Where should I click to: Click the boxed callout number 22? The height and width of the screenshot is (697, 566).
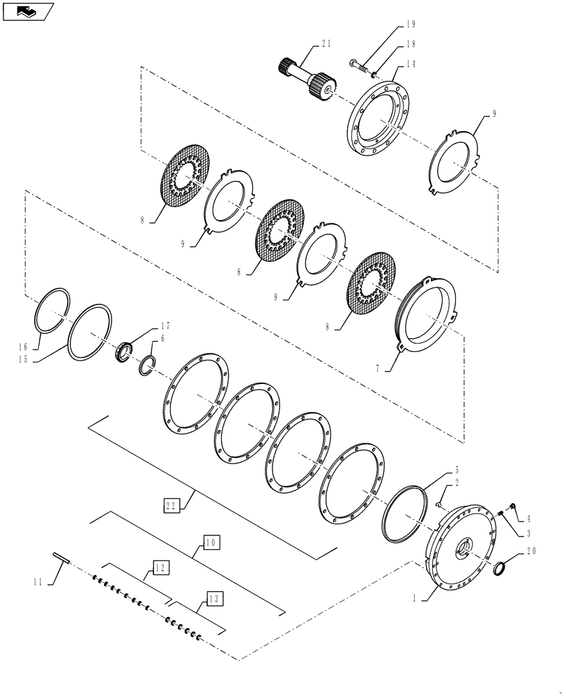click(173, 505)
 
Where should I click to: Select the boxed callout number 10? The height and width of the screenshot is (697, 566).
click(212, 542)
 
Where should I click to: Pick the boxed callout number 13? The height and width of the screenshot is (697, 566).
click(215, 597)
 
